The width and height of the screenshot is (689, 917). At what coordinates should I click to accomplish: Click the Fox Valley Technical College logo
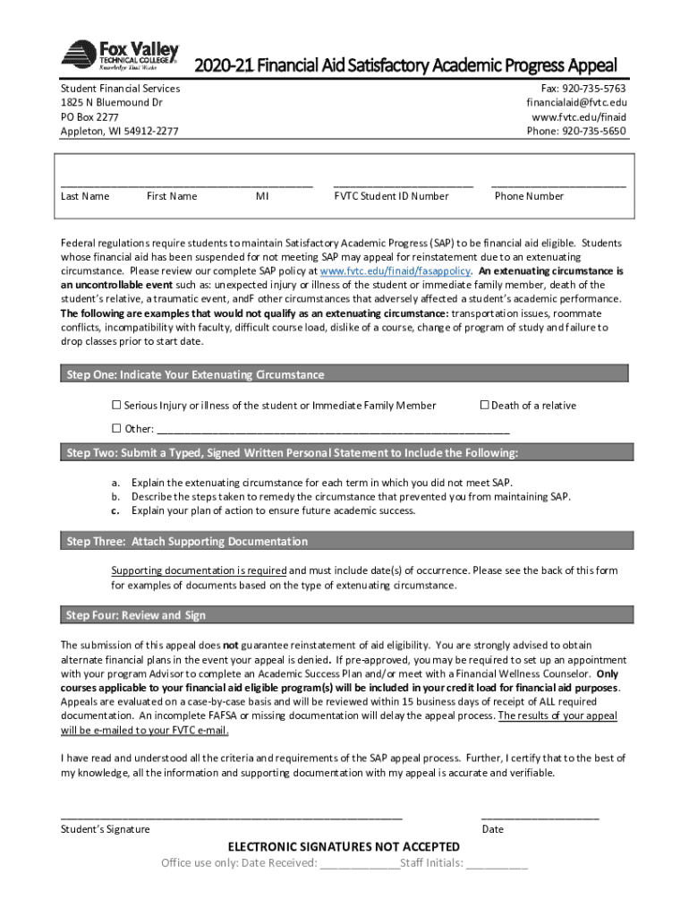click(x=119, y=56)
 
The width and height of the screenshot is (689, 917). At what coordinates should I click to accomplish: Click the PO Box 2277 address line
click(x=89, y=117)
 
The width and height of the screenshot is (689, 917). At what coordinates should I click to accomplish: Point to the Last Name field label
click(x=85, y=196)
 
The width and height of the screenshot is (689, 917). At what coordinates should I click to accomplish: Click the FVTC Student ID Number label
click(x=391, y=196)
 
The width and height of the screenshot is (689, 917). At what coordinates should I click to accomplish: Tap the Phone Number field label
click(x=529, y=196)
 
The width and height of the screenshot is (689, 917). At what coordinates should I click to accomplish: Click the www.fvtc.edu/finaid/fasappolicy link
click(x=395, y=270)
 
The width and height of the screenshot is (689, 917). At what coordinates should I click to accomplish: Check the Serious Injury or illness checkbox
click(x=115, y=406)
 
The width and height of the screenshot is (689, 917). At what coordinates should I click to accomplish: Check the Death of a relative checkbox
click(x=484, y=406)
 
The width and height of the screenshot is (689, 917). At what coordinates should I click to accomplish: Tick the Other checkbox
click(x=115, y=428)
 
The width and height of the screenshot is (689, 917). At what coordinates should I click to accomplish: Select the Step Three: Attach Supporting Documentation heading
click(x=187, y=542)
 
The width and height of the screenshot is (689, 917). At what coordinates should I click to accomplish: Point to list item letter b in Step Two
click(x=115, y=496)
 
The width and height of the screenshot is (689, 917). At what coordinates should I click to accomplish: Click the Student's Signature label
click(x=105, y=829)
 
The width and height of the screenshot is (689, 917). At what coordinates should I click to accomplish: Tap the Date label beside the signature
click(x=492, y=829)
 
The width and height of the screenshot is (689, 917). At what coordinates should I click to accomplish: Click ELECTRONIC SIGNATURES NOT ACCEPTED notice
click(x=344, y=847)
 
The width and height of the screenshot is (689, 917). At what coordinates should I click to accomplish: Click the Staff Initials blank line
click(x=497, y=864)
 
